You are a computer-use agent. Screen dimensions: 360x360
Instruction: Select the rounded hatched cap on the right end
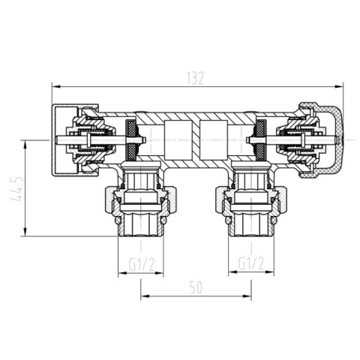pyautogui.click(x=325, y=140)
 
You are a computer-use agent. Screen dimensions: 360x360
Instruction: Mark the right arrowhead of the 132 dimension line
pyautogui.click(x=341, y=85)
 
